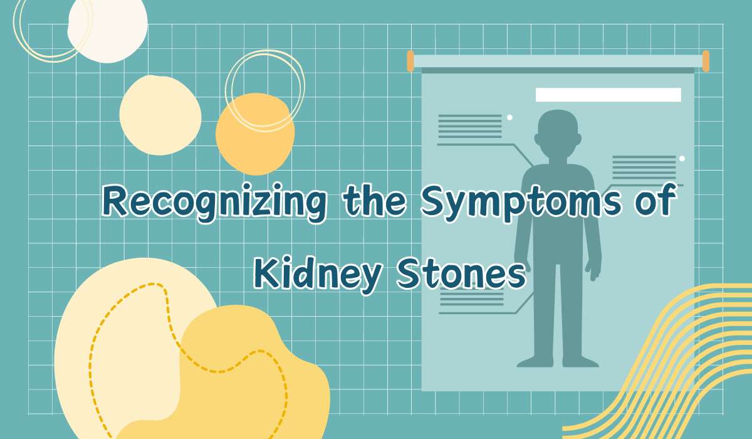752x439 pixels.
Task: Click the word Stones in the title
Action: [461, 273]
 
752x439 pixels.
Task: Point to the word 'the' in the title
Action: [374, 200]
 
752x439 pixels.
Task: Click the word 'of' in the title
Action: [655, 201]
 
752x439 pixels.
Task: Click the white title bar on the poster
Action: [608, 95]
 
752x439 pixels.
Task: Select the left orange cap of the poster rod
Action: [410, 61]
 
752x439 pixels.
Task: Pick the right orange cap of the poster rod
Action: [706, 61]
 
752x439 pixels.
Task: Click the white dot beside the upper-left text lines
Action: [509, 117]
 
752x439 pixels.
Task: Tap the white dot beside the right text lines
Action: [682, 159]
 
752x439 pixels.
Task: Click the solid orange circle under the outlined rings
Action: [255, 134]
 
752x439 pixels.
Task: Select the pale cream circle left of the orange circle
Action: [160, 115]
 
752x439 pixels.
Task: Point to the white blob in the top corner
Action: [107, 29]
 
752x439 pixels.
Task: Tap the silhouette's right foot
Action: [580, 362]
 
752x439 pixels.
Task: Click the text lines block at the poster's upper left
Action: [470, 126]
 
